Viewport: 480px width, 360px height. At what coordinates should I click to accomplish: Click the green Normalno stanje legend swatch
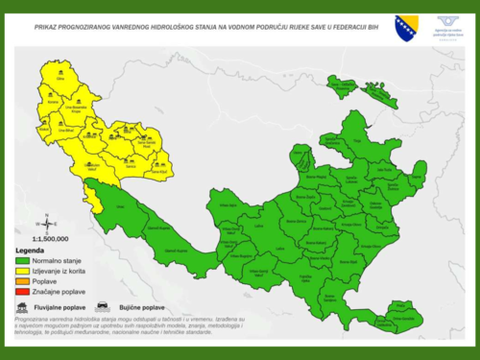coord(24,260)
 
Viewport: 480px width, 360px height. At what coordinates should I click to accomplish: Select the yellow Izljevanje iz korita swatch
coord(24,270)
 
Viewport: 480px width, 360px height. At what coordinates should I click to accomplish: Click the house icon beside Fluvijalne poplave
coord(22,308)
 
